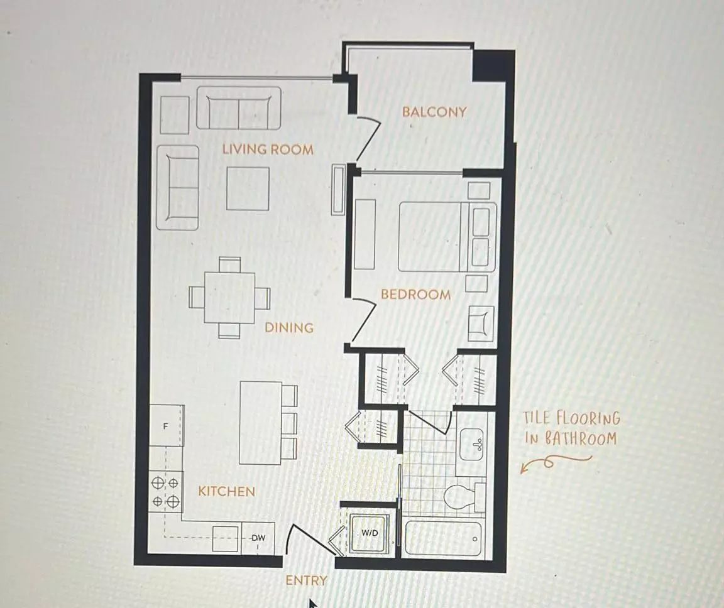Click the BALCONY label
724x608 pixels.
click(x=434, y=112)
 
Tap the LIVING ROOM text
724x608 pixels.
click(x=268, y=149)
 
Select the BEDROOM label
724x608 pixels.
click(x=415, y=294)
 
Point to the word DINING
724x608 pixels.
click(x=288, y=327)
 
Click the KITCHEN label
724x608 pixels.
click(x=227, y=491)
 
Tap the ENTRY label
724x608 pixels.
click(x=306, y=580)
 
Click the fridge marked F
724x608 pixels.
click(x=166, y=426)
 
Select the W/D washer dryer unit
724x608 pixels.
click(x=369, y=533)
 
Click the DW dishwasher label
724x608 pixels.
click(x=258, y=538)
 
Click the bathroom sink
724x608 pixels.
click(x=471, y=442)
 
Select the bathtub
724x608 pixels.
click(x=443, y=538)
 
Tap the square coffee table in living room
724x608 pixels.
click(x=248, y=188)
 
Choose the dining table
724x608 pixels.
click(x=229, y=297)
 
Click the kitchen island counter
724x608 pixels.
click(x=260, y=422)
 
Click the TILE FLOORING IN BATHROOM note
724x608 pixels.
click(x=571, y=428)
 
